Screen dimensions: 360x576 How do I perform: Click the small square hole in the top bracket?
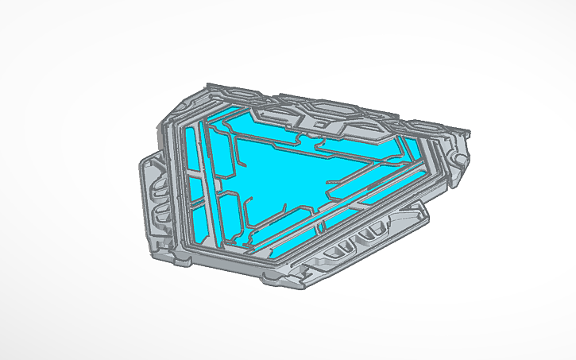318,123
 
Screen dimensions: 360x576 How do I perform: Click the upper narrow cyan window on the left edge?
191,151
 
